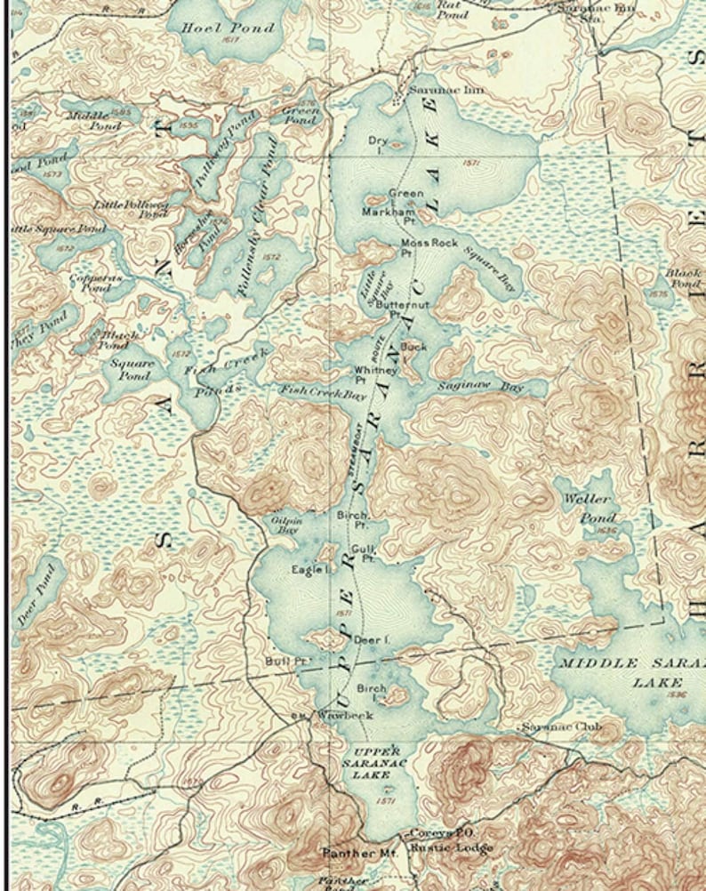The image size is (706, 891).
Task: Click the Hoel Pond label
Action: click(x=216, y=28)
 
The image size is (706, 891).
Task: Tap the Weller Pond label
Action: click(x=587, y=508)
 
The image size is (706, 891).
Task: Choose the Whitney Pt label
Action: click(x=367, y=374)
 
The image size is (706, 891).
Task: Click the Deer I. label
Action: click(x=372, y=639)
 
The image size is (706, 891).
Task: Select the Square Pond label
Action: click(x=132, y=369)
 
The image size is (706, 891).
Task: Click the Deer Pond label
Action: click(x=35, y=593)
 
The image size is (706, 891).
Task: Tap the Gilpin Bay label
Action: click(x=286, y=524)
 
